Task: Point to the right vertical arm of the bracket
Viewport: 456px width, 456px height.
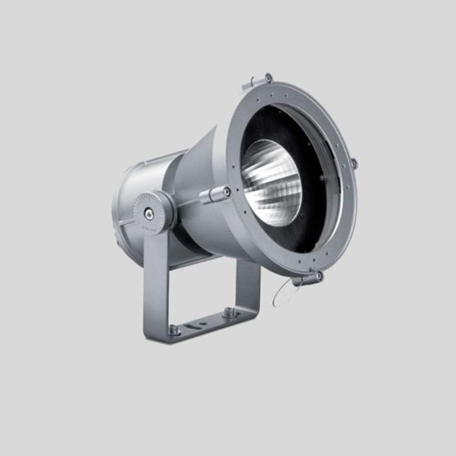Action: pyautogui.click(x=248, y=287)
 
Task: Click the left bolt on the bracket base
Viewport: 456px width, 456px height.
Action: pyautogui.click(x=173, y=329)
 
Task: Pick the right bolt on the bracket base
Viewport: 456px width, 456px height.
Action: pyautogui.click(x=229, y=312)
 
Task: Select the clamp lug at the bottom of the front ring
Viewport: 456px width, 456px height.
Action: pyautogui.click(x=309, y=279)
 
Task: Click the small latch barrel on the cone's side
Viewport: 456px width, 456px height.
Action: pyautogui.click(x=213, y=194)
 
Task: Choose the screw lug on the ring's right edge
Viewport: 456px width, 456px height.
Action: pyautogui.click(x=353, y=163)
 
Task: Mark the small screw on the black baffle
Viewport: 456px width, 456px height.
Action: pyautogui.click(x=322, y=178)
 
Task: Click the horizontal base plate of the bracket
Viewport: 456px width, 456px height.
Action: pyautogui.click(x=202, y=326)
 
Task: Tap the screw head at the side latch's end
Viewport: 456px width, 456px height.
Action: pyautogui.click(x=226, y=192)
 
